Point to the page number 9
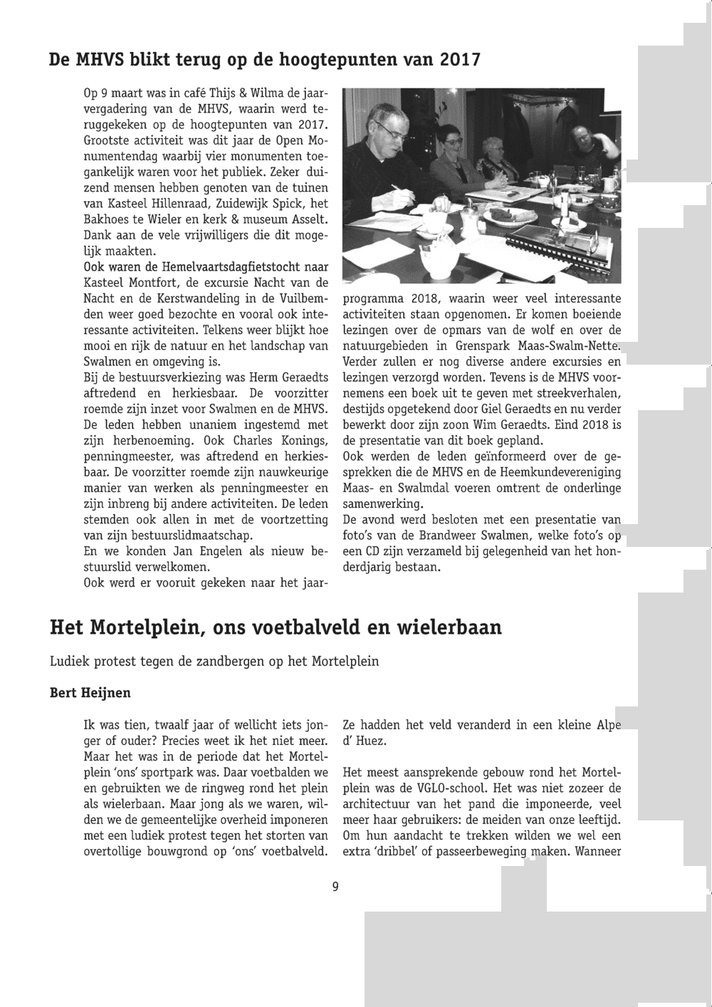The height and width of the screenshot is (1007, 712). click(x=335, y=887)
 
